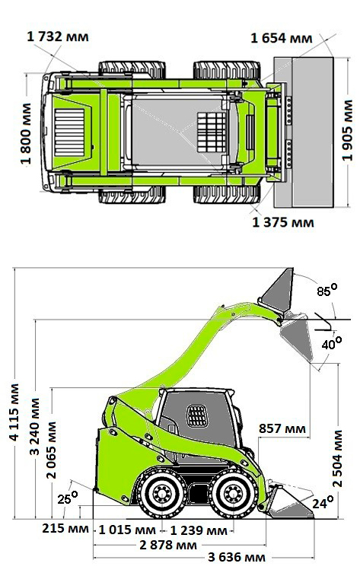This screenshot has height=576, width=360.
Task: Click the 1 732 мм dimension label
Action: pos(58,37)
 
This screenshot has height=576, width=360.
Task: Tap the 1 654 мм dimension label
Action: pos(282,38)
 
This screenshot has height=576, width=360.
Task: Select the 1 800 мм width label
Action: pos(26,134)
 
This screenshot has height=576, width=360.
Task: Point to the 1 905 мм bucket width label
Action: pos(347,131)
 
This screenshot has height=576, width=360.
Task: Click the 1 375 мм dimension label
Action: pos(283,223)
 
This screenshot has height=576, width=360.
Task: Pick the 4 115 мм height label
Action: pos(14,412)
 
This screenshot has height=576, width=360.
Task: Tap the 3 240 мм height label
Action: pos(34,427)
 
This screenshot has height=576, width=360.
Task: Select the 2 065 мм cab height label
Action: pos(52,450)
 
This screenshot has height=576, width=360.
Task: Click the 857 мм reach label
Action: pos(282,428)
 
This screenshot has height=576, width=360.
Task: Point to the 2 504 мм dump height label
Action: pos(337,459)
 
